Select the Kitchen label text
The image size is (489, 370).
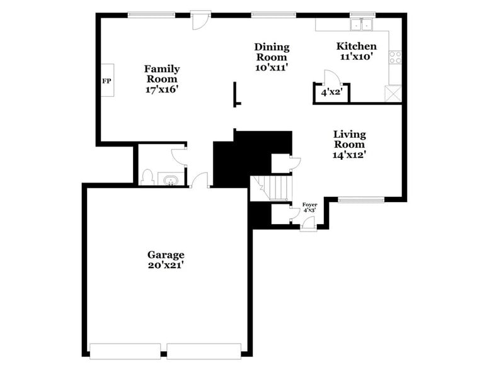tap(356, 46)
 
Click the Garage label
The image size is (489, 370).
tap(166, 255)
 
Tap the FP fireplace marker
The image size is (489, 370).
tap(106, 81)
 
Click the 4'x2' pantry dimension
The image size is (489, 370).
tap(330, 92)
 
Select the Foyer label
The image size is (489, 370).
tap(309, 205)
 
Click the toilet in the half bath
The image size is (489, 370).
tap(147, 177)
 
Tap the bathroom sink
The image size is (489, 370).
tap(170, 181)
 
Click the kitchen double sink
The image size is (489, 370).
tap(362, 25)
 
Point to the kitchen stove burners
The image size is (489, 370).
tap(396, 57)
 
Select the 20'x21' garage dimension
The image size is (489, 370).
tap(166, 266)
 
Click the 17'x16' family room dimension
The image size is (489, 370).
tap(162, 89)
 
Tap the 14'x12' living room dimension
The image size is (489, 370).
tap(349, 154)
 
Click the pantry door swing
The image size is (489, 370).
tap(332, 77)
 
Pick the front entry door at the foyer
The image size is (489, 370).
tap(308, 223)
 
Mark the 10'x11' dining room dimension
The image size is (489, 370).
tap(272, 67)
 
